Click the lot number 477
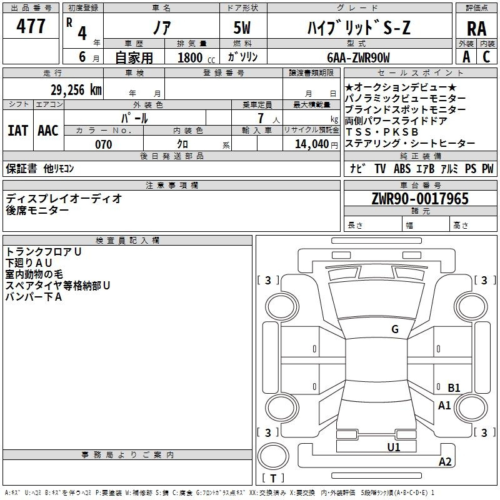point(31,26)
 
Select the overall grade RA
point(476,29)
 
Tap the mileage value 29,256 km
point(76,90)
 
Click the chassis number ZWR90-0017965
point(420,199)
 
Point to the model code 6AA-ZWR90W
point(358,57)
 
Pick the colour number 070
point(104,144)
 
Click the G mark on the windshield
point(395,329)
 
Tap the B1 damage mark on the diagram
point(454,387)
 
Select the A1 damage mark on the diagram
point(444,406)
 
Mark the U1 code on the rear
point(394,447)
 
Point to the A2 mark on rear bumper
point(445,461)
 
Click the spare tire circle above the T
point(273,456)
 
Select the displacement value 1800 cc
point(196,57)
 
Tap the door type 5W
point(242,27)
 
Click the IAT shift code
point(17,131)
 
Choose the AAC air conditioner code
point(48,131)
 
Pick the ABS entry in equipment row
point(402,168)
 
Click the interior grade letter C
point(486,57)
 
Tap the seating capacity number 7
point(261,118)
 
